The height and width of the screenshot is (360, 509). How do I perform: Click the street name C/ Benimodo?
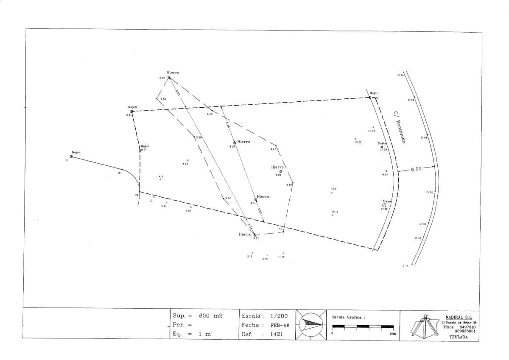click(400, 127)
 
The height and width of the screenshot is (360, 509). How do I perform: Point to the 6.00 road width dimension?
click(416, 169)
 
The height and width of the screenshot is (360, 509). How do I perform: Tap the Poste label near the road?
click(382, 143)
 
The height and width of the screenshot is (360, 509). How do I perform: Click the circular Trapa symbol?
click(384, 205)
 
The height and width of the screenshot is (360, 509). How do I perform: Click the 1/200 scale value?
click(279, 316)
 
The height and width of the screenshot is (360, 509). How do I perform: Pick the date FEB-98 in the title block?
click(280, 325)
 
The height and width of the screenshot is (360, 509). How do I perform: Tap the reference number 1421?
click(277, 334)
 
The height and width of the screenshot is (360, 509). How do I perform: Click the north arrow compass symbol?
click(311, 324)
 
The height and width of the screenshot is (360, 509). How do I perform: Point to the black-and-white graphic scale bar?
click(363, 327)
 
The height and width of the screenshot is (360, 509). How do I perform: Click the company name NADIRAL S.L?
click(459, 317)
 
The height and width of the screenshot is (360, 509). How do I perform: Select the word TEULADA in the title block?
click(458, 337)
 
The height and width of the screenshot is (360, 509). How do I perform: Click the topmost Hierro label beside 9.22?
click(173, 73)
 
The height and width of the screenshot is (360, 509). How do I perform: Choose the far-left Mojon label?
click(76, 152)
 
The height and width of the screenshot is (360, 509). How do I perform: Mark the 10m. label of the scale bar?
click(393, 334)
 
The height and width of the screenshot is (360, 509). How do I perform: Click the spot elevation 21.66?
click(424, 138)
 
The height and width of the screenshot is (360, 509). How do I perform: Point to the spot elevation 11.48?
click(281, 257)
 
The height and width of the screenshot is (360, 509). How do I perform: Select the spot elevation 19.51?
click(358, 142)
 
